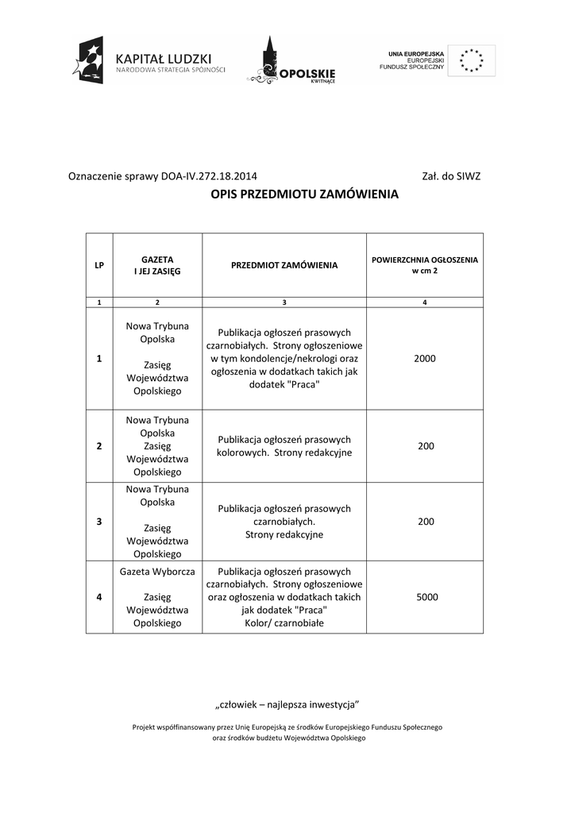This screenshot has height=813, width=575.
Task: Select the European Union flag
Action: [472, 60]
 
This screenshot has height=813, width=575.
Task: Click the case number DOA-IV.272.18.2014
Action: [209, 176]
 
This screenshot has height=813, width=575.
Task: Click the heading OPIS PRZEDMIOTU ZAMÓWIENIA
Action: [304, 195]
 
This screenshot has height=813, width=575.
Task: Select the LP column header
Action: [99, 265]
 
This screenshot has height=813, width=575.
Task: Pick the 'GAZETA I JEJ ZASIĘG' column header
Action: [157, 265]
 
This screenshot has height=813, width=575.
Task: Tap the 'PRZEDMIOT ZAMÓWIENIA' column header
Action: [284, 265]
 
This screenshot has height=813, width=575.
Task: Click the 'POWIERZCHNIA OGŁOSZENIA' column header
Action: [425, 265]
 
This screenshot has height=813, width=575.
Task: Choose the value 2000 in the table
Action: [425, 359]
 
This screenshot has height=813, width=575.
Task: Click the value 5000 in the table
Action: [426, 597]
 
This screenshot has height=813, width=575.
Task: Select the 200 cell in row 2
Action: [426, 446]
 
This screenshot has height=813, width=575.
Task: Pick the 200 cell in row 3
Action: [426, 522]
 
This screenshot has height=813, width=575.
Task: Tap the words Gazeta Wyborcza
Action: [157, 572]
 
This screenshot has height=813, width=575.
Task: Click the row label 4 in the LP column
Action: [99, 597]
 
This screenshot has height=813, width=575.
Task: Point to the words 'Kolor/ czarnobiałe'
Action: [284, 623]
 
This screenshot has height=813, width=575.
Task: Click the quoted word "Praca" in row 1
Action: [304, 384]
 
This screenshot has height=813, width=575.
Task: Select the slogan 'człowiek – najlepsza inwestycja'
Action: [288, 704]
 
